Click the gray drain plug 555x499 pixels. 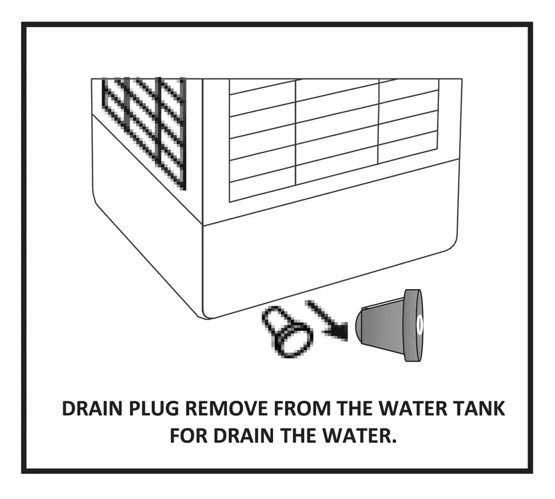pyautogui.click(x=390, y=326)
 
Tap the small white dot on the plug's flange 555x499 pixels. pyautogui.click(x=420, y=324)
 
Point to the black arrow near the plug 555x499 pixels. pyautogui.click(x=327, y=321)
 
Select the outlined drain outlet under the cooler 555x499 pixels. pyautogui.click(x=287, y=331)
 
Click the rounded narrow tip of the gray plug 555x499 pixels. pyautogui.click(x=360, y=325)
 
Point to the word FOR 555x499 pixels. pyautogui.click(x=189, y=436)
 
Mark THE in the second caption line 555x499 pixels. pyautogui.click(x=299, y=436)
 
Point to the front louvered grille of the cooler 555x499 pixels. pyautogui.click(x=334, y=140)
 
